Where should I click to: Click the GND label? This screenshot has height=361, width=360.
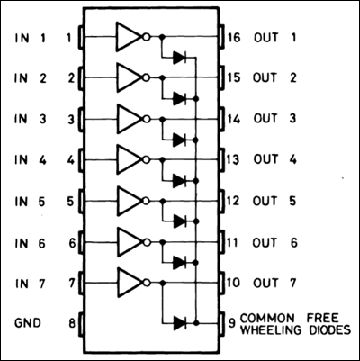(28, 322)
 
